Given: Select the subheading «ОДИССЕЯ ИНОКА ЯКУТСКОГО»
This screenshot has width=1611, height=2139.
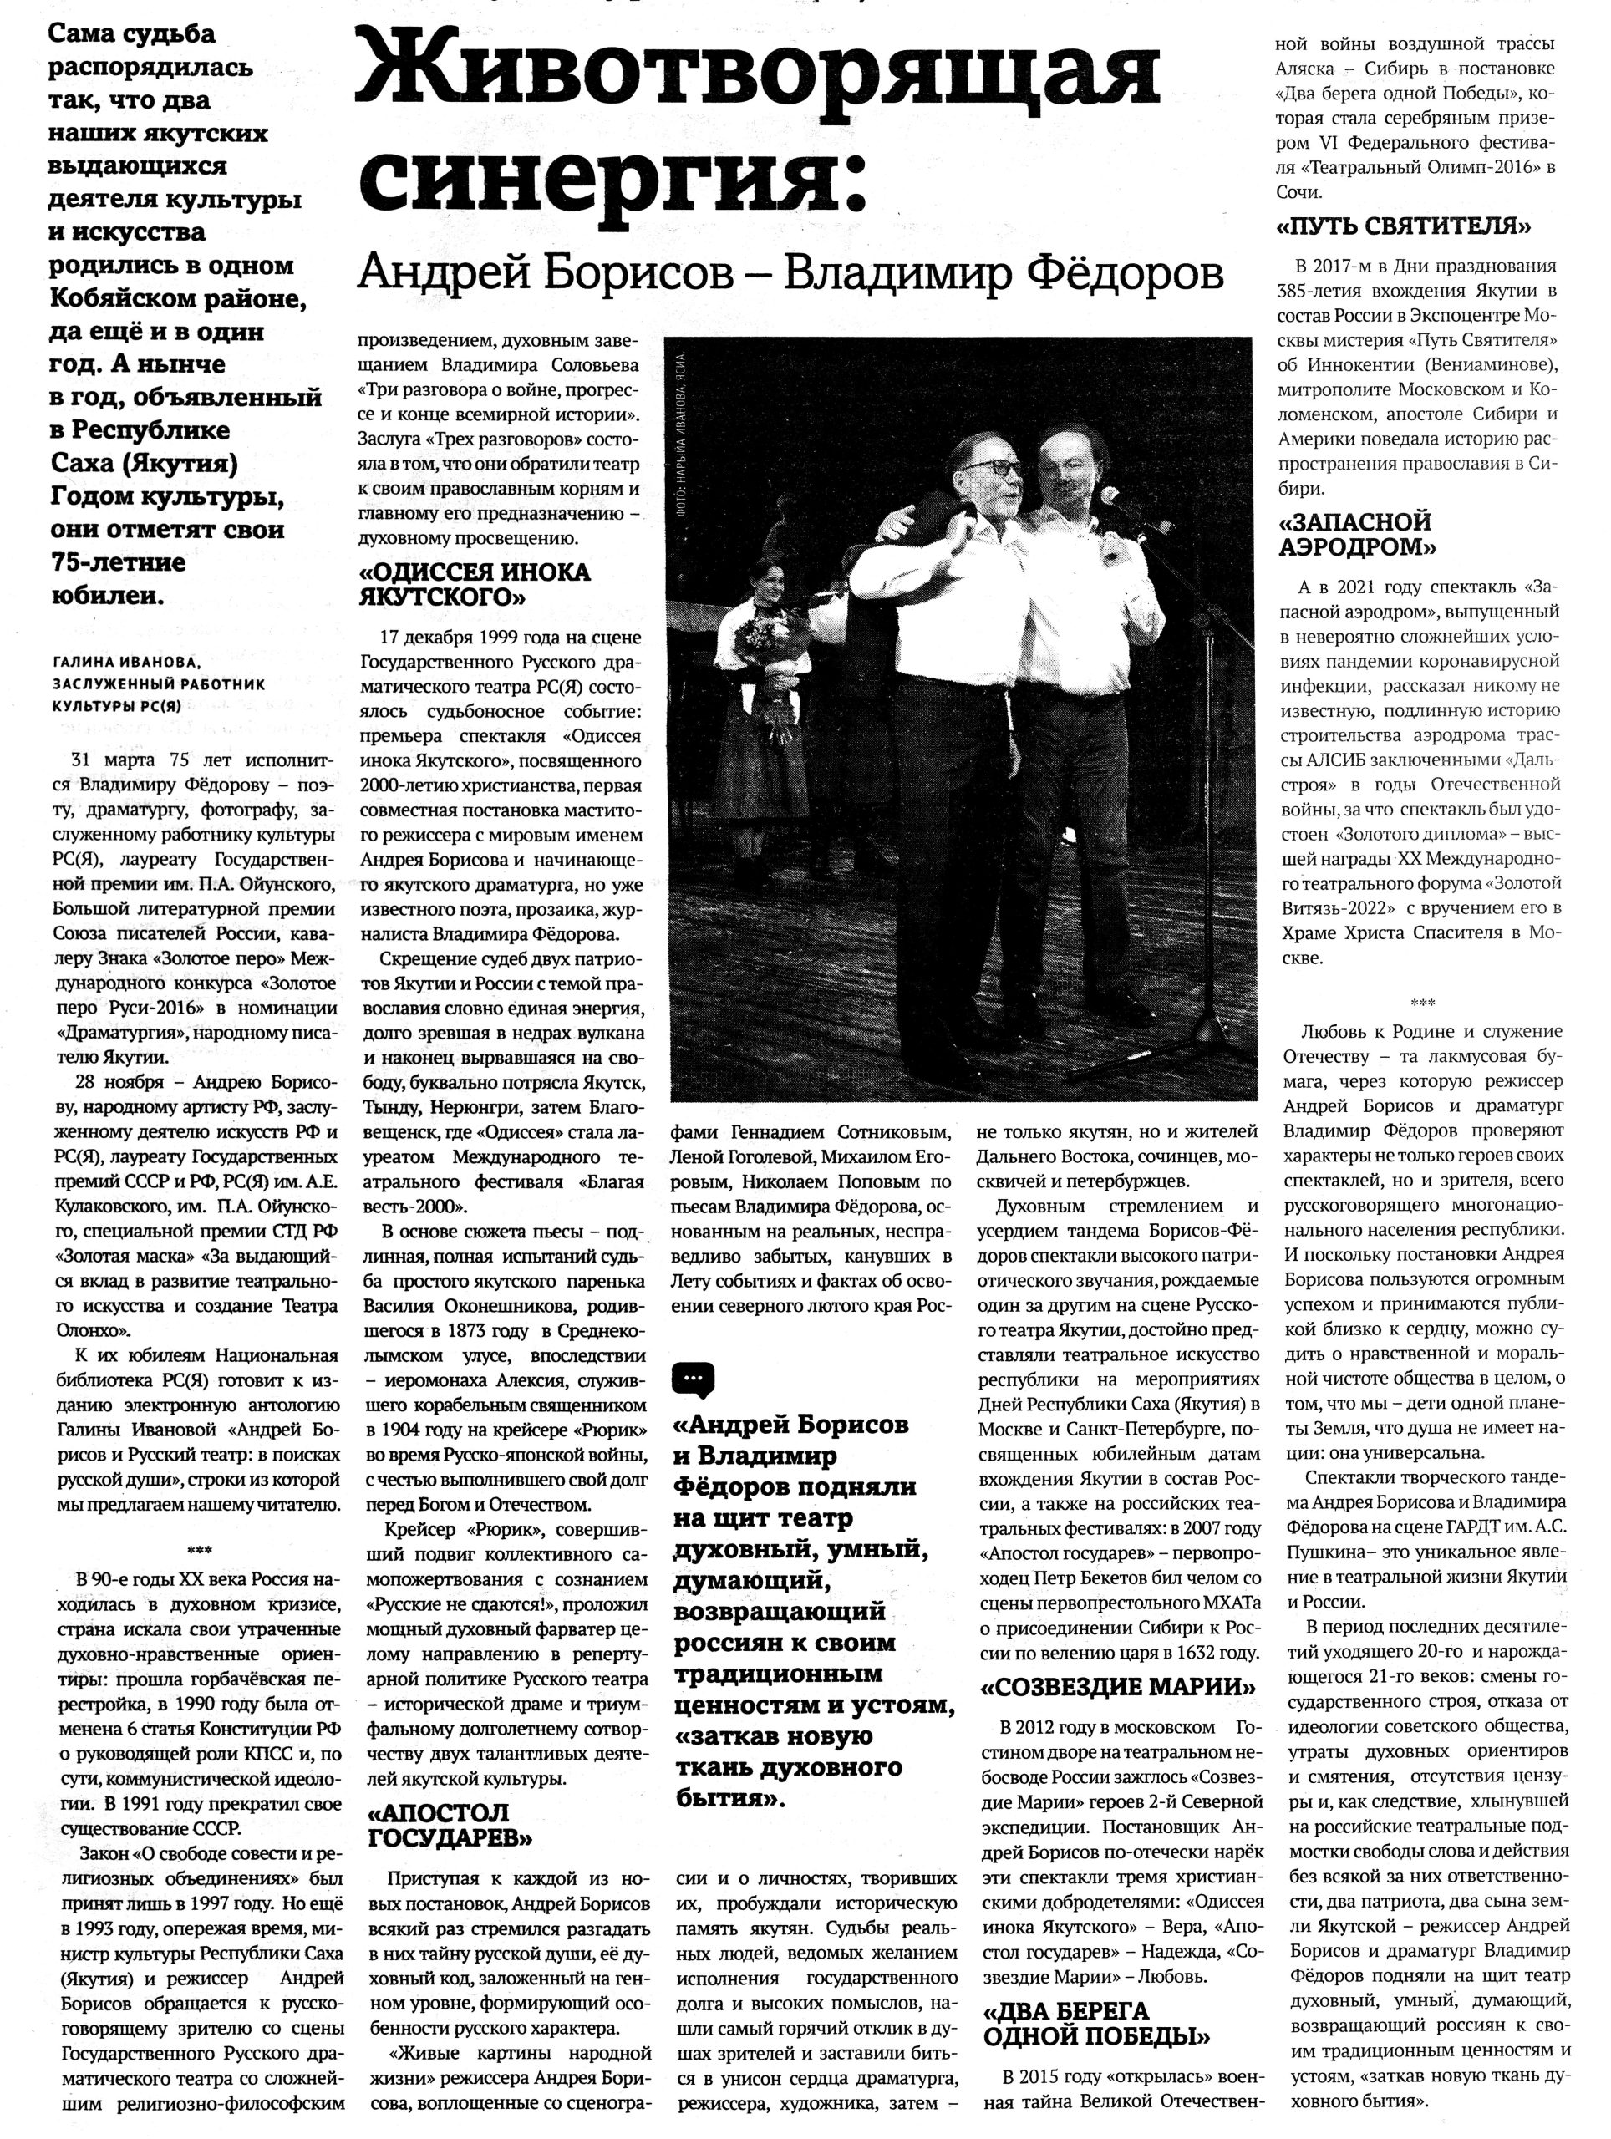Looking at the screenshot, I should coord(474,584).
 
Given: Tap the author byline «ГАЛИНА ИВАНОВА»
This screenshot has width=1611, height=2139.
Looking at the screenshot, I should coord(125,663).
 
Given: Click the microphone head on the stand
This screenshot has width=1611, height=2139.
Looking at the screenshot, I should coord(1112,498).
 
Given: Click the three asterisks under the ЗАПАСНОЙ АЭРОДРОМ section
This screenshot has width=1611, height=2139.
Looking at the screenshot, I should coord(1422,1003).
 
